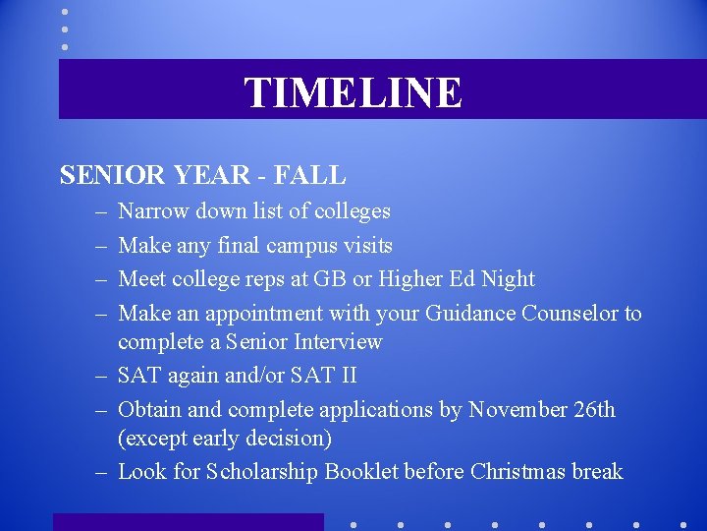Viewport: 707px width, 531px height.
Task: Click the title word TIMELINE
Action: (x=353, y=92)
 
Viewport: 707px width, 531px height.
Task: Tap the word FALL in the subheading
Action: (x=309, y=176)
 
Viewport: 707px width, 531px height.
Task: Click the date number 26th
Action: (x=593, y=409)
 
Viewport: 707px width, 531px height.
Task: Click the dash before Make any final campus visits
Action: (x=102, y=246)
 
